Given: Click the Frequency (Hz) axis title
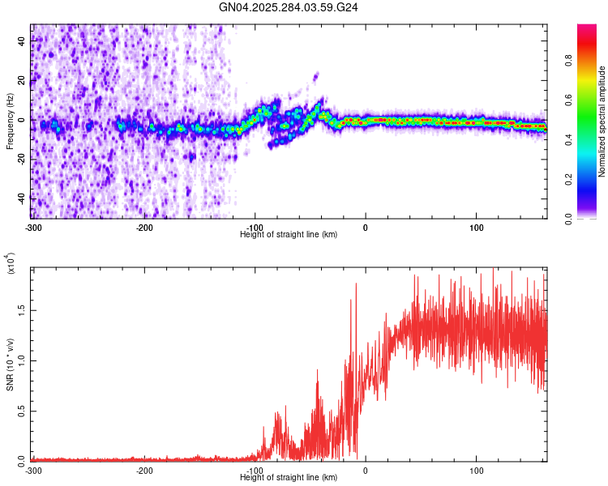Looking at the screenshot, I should (10, 121).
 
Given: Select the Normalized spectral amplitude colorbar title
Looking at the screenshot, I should (602, 122).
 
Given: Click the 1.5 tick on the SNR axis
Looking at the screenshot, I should (22, 309).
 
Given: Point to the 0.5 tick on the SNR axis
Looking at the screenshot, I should (22, 410).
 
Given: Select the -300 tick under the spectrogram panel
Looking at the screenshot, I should (33, 227).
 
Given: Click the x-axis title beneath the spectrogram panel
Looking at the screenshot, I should (289, 235).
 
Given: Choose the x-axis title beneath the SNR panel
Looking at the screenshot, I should (289, 478).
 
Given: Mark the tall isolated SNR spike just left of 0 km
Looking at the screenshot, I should (355, 285).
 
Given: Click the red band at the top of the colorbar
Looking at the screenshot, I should (588, 32).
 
